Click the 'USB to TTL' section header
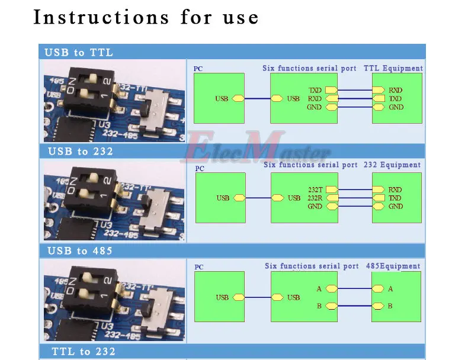click(x=79, y=53)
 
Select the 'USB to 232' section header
click(x=81, y=152)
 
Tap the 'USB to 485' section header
click(x=80, y=251)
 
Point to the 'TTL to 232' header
click(x=84, y=351)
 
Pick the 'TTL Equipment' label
click(x=393, y=68)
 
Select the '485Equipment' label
click(x=393, y=266)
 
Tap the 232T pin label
click(x=315, y=189)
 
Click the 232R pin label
click(x=315, y=198)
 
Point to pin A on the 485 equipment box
click(x=390, y=289)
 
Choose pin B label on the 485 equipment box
click(x=390, y=306)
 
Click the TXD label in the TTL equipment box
click(x=395, y=98)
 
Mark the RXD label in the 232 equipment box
click(x=395, y=189)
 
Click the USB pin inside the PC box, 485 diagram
click(x=238, y=297)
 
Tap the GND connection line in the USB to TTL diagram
click(x=355, y=107)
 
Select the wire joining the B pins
click(x=355, y=306)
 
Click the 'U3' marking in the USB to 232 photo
click(x=105, y=225)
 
